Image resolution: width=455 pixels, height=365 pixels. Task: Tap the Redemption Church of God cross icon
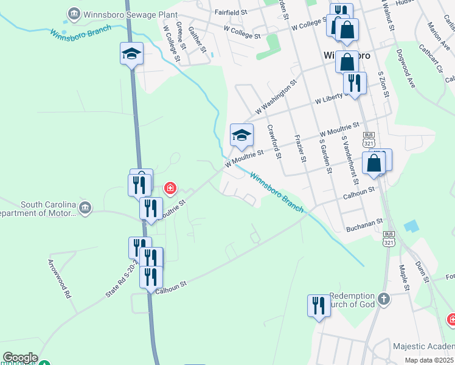click(x=383, y=299)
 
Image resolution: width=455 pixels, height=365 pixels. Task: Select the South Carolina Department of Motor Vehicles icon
click(x=85, y=209)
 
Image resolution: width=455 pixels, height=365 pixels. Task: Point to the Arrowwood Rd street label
click(x=59, y=279)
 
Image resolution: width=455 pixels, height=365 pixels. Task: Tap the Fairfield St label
click(x=231, y=12)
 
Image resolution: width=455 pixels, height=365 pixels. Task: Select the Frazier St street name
click(x=299, y=149)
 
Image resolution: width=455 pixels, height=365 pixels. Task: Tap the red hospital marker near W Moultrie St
click(x=171, y=188)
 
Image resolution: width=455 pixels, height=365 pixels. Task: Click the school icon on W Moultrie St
click(x=241, y=135)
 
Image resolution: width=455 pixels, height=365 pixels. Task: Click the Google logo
click(x=19, y=358)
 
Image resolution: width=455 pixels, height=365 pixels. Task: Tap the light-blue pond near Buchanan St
click(x=411, y=226)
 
